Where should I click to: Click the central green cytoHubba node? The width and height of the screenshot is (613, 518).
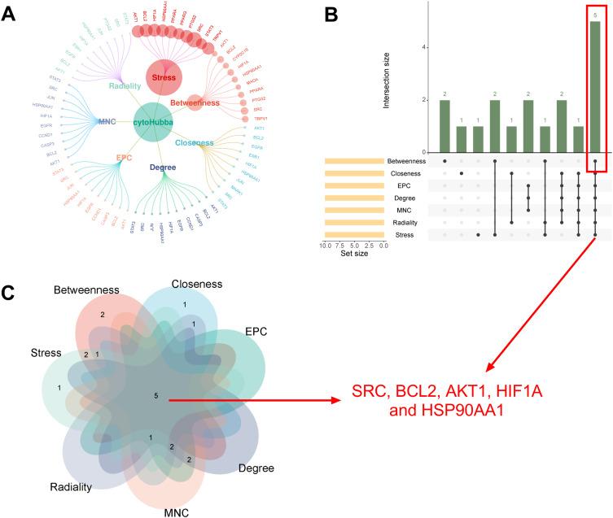coord(155,123)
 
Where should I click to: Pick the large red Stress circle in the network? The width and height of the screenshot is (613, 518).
coord(166,78)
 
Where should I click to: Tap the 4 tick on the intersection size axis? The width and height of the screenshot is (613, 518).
coord(423,47)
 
